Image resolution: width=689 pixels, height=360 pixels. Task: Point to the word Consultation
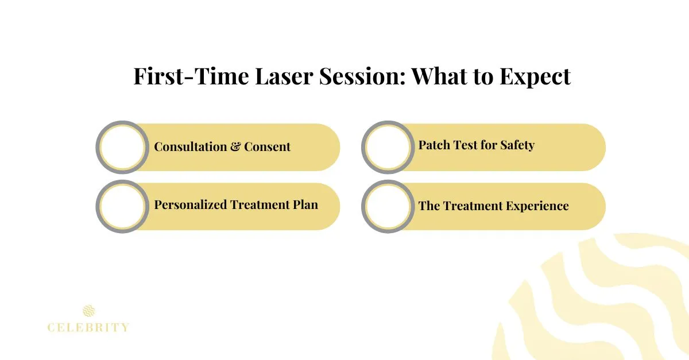click(190, 146)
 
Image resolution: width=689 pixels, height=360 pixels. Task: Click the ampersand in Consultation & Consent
click(235, 146)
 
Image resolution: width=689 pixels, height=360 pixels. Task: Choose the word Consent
click(267, 146)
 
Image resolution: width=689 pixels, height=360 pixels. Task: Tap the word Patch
click(433, 145)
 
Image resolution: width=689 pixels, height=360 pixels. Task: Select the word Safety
click(517, 145)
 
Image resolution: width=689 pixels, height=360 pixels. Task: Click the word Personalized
click(191, 204)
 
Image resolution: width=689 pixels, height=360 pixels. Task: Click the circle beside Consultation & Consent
click(121, 147)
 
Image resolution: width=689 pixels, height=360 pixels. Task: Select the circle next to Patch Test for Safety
click(387, 147)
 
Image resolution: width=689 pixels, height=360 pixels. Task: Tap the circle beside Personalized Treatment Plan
click(121, 206)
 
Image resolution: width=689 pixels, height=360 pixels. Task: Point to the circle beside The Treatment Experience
click(387, 206)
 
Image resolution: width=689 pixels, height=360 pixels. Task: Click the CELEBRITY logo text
click(88, 328)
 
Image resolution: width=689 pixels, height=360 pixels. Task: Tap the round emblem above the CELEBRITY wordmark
click(88, 311)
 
